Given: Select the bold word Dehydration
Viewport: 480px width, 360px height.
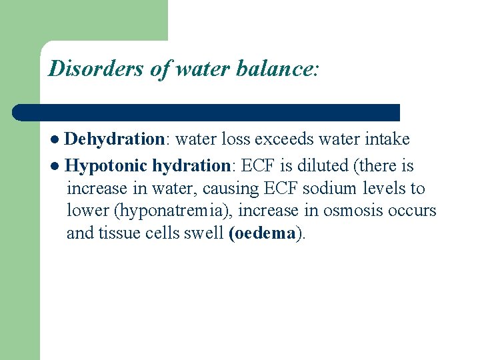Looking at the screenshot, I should [115, 139].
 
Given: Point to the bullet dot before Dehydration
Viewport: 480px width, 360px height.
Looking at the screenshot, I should [56, 140].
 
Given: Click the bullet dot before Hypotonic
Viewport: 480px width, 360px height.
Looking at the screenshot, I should [56, 165].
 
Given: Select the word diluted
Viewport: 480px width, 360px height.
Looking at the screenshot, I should [315, 165].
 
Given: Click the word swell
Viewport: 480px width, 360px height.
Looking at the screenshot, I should [203, 234].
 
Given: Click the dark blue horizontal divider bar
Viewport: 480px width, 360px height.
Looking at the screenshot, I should [207, 112].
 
